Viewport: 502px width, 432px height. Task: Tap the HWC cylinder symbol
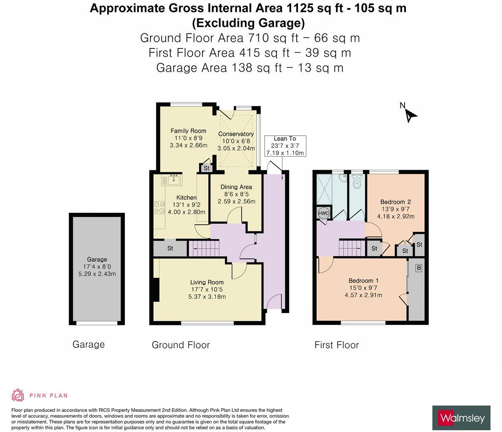click(323, 213)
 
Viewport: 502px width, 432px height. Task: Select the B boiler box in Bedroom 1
click(419, 268)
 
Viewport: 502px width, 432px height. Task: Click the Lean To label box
click(285, 146)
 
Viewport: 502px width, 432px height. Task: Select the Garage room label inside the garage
click(97, 259)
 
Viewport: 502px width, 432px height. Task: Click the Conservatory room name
click(236, 134)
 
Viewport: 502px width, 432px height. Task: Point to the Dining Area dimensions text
click(236, 198)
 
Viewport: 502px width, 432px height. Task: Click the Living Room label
click(207, 282)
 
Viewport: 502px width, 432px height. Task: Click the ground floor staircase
click(204, 248)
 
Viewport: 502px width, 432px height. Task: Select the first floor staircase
click(352, 248)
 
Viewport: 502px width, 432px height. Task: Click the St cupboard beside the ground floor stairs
click(170, 248)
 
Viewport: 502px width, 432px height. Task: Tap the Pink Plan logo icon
click(18, 395)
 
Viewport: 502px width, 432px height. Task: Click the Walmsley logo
click(461, 418)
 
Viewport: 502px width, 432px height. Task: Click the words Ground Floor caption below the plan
click(180, 345)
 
